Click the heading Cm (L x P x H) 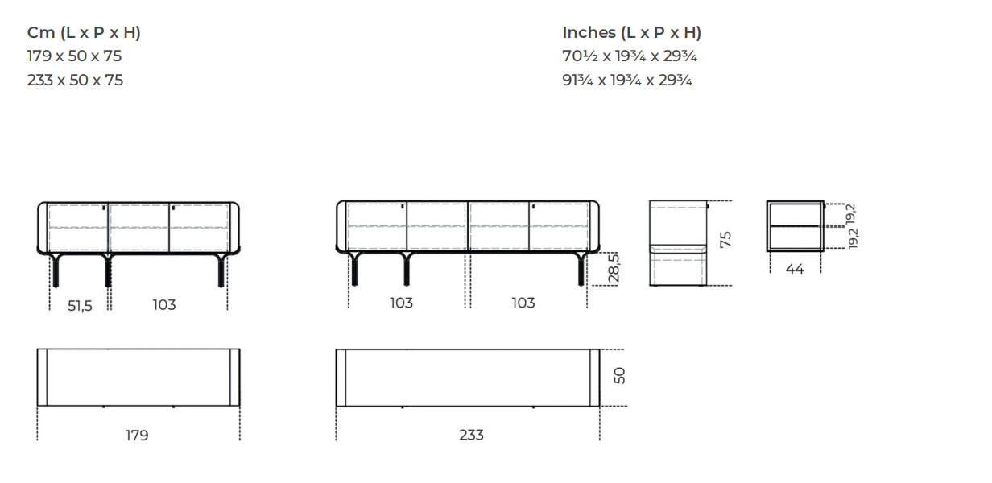[x=84, y=33]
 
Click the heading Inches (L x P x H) [x=631, y=33]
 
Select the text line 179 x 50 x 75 [x=74, y=56]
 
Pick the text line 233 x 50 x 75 [x=75, y=80]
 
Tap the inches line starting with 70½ [x=630, y=56]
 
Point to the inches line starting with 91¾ [x=627, y=80]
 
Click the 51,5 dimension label [x=80, y=306]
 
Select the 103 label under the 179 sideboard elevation [x=164, y=305]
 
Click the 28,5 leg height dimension [x=614, y=268]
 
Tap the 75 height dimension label [x=725, y=240]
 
